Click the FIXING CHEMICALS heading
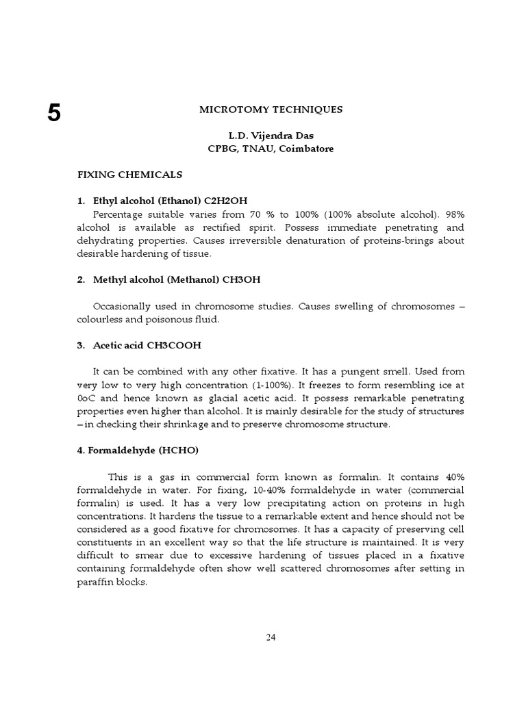point(129,175)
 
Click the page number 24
point(271,637)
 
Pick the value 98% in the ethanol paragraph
point(453,214)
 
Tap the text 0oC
point(85,398)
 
